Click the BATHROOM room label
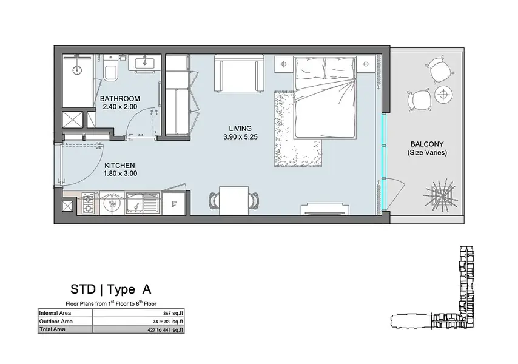coord(120,99)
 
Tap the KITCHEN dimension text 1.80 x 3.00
coord(120,174)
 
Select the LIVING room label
coord(240,129)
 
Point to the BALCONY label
coord(427,144)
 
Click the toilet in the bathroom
coord(110,69)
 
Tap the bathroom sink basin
coord(144,62)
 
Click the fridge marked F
coord(174,204)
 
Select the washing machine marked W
coord(112,204)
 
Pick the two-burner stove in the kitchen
coord(88,203)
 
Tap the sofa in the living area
coord(239,73)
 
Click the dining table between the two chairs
coord(234,200)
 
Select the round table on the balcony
coord(443,95)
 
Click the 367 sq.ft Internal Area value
coord(173,313)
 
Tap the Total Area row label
coord(52,329)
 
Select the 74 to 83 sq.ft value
coord(168,322)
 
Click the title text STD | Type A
coord(110,289)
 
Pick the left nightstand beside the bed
coord(284,64)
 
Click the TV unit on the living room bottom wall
coord(325,210)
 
